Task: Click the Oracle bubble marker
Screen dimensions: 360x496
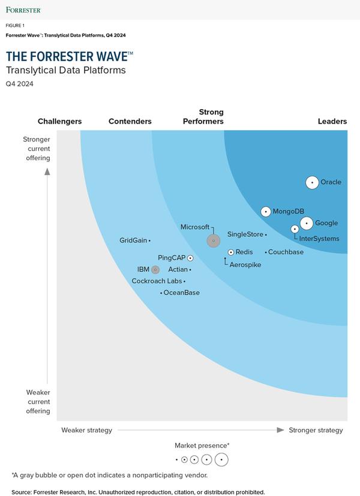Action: [x=312, y=182]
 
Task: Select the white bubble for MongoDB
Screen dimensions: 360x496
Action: [x=266, y=212]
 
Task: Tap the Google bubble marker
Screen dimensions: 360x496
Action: [x=307, y=223]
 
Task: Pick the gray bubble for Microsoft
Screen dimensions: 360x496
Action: [x=214, y=241]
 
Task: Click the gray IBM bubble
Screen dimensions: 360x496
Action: [x=155, y=270]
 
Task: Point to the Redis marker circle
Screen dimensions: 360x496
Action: [x=231, y=252]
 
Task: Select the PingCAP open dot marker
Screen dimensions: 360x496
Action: [x=190, y=258]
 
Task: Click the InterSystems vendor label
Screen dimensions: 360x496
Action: [x=319, y=239]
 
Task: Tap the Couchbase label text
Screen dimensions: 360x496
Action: [x=286, y=252]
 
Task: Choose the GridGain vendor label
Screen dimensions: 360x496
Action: [x=133, y=241]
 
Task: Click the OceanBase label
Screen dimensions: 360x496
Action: [x=182, y=293]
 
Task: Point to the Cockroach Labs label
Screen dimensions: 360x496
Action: [x=157, y=281]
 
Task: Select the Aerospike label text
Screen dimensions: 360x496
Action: [x=245, y=264]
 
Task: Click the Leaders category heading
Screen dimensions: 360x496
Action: [x=332, y=122]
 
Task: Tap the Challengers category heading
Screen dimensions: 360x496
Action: [x=59, y=122]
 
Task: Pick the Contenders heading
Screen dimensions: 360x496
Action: [x=130, y=122]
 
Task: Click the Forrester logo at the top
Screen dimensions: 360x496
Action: [x=23, y=10]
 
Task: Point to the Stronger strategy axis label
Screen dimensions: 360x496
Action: [x=316, y=430]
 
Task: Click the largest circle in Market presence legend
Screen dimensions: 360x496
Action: [x=221, y=459]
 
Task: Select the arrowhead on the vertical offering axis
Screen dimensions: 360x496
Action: [x=47, y=172]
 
